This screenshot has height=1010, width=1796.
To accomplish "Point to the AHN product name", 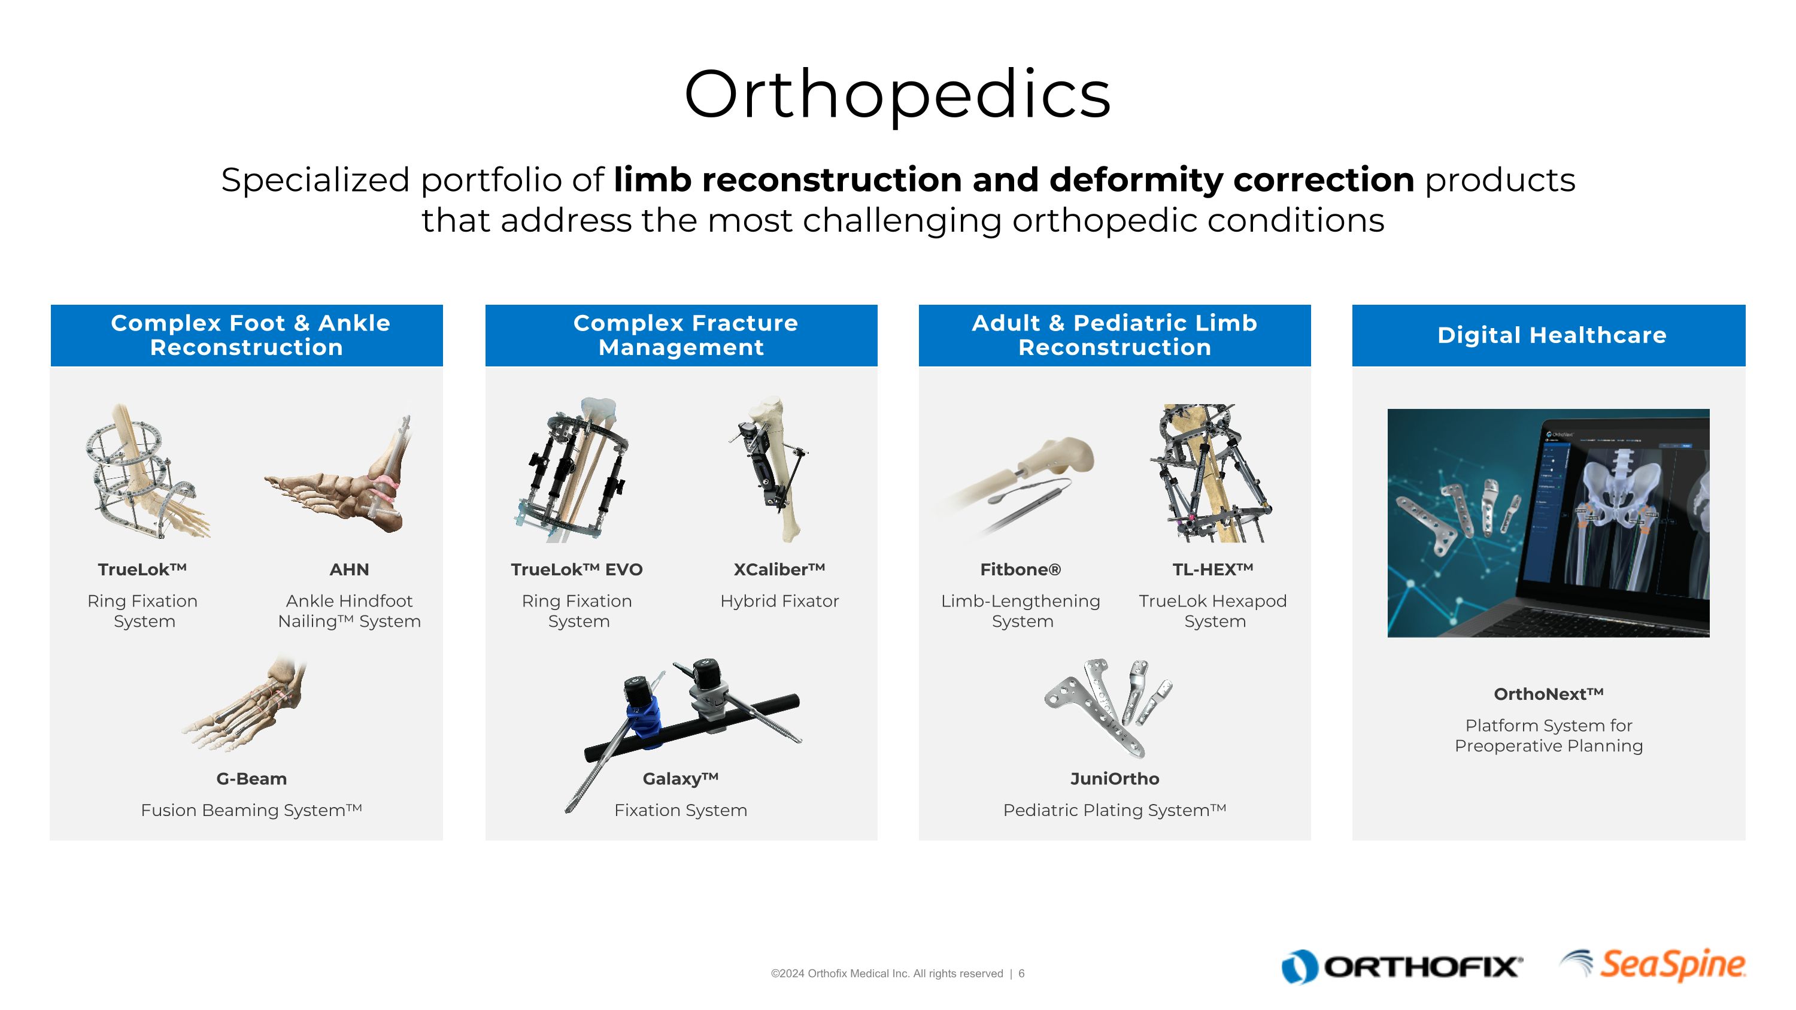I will [x=348, y=569].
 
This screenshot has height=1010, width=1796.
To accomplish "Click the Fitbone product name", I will [x=1020, y=569].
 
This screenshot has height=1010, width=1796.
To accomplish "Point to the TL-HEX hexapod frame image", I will [x=1212, y=474].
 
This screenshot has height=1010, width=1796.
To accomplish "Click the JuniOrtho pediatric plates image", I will [x=1109, y=708].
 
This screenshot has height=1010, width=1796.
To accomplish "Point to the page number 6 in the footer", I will [x=1021, y=973].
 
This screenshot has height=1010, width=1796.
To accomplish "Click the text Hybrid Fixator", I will [x=779, y=601].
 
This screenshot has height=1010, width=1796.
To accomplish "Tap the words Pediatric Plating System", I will [x=1114, y=810].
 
